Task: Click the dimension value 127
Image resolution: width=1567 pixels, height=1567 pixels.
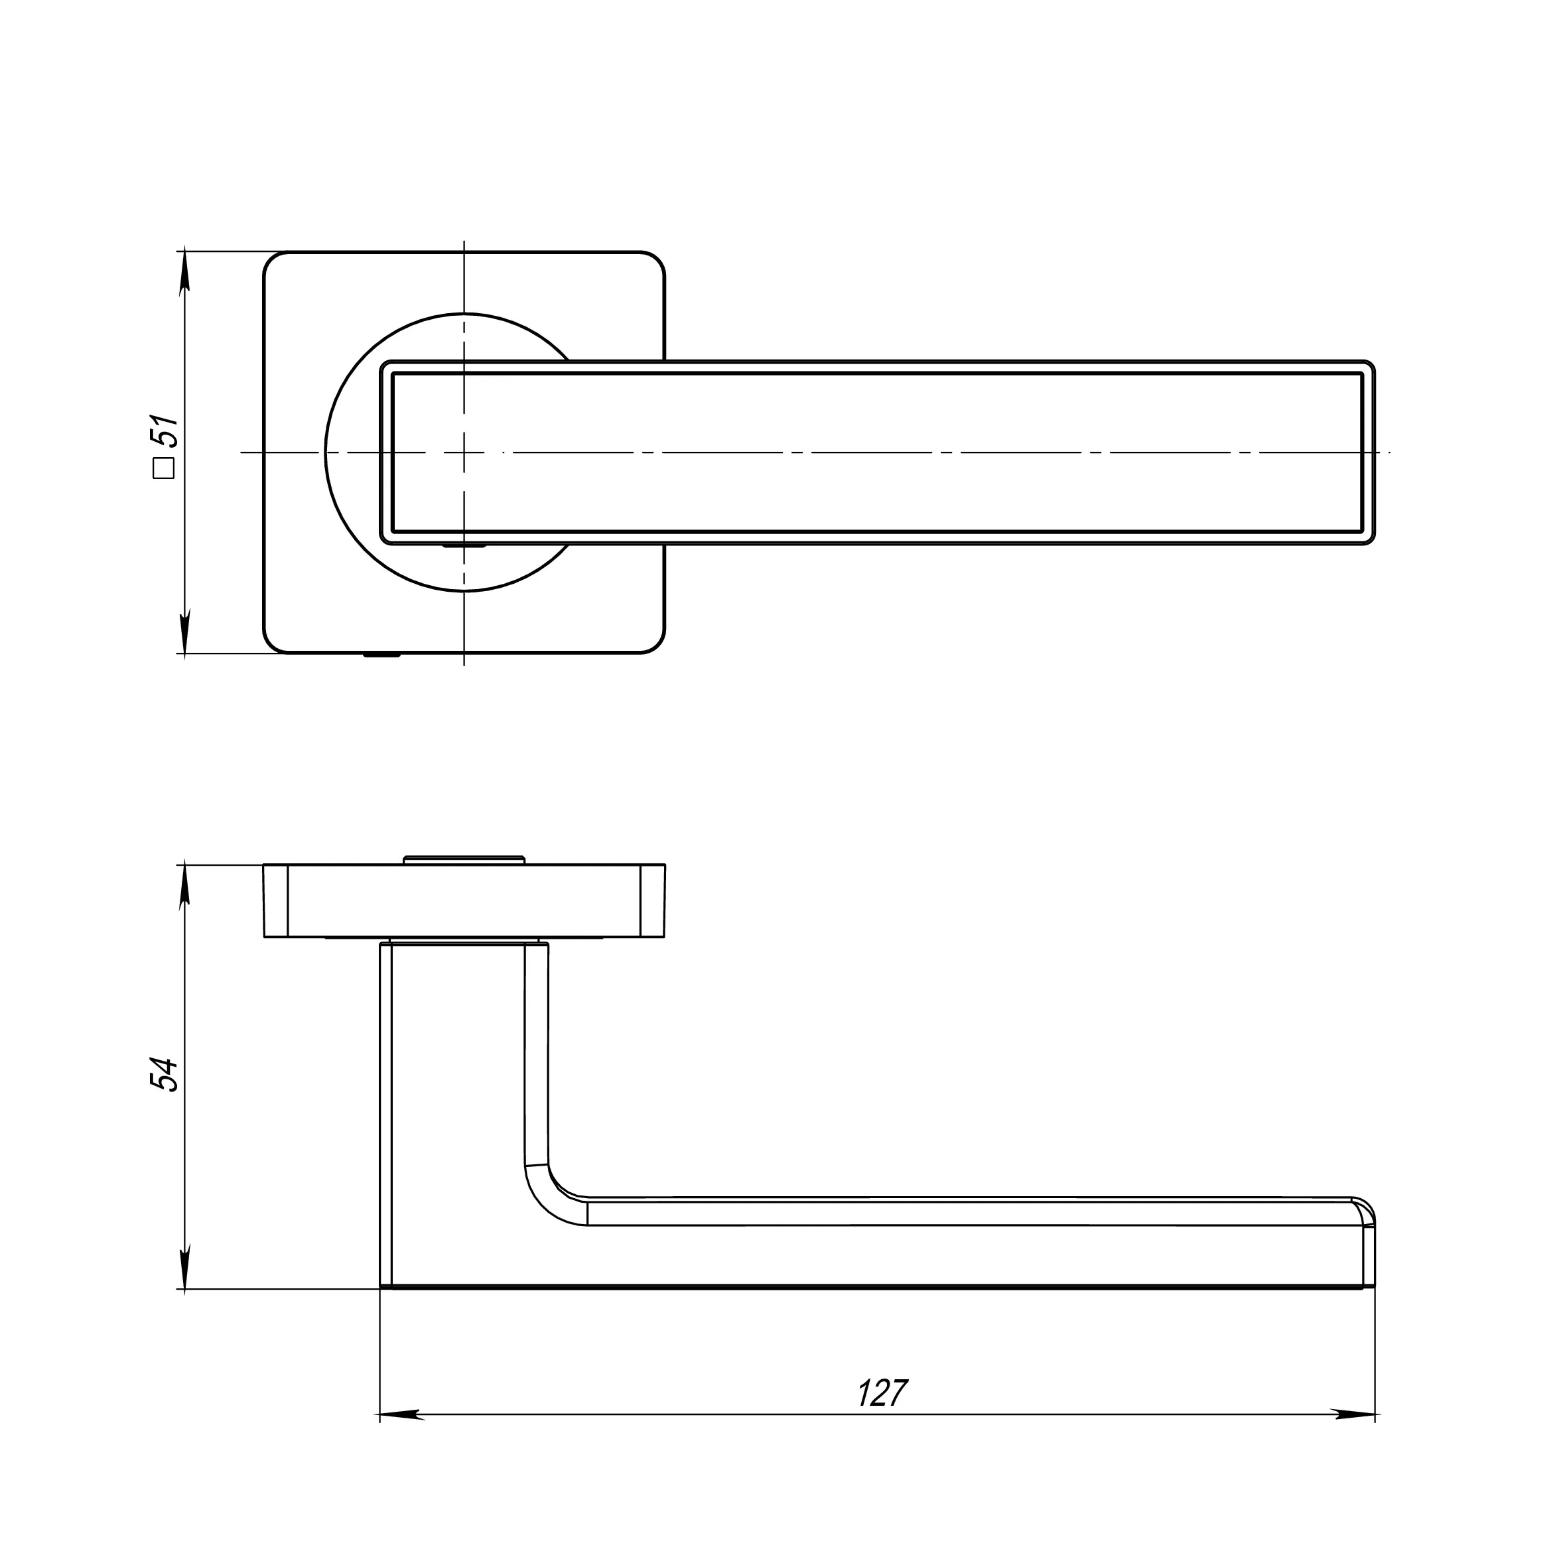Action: click(x=883, y=1393)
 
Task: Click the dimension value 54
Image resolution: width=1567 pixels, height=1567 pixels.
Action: click(x=165, y=1075)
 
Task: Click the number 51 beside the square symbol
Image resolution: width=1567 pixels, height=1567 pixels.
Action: click(x=165, y=431)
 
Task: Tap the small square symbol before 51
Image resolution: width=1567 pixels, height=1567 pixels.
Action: click(x=165, y=470)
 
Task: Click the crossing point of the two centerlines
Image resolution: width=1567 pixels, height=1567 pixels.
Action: click(x=464, y=452)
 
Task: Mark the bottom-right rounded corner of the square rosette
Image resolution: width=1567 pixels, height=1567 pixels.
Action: click(x=655, y=642)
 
